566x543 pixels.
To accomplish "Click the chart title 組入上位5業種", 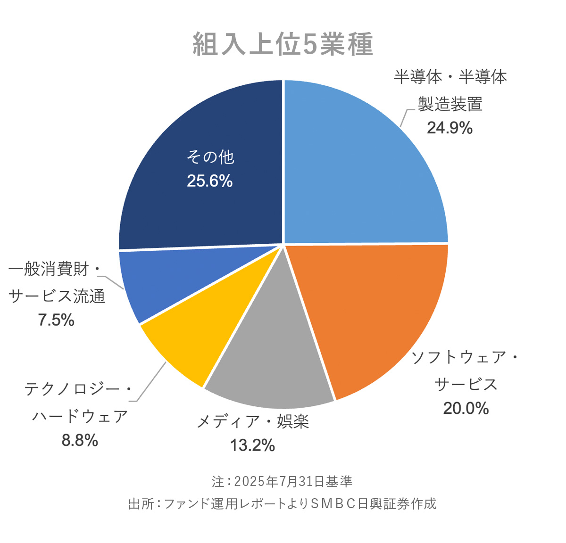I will (283, 45).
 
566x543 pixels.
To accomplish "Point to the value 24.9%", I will (449, 128).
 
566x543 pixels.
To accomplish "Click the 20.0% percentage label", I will (466, 408).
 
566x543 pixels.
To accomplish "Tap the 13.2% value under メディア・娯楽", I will (252, 445).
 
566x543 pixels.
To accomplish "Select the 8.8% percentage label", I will (80, 440).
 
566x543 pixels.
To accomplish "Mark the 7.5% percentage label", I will (56, 321).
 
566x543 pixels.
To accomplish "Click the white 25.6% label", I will (210, 181).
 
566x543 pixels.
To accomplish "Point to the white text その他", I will (210, 157).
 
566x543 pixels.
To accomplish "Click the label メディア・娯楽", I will (252, 421).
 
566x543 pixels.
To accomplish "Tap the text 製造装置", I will (450, 104).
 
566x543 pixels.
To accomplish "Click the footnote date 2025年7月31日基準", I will (293, 482).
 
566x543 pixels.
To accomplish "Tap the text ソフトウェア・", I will (465, 357).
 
